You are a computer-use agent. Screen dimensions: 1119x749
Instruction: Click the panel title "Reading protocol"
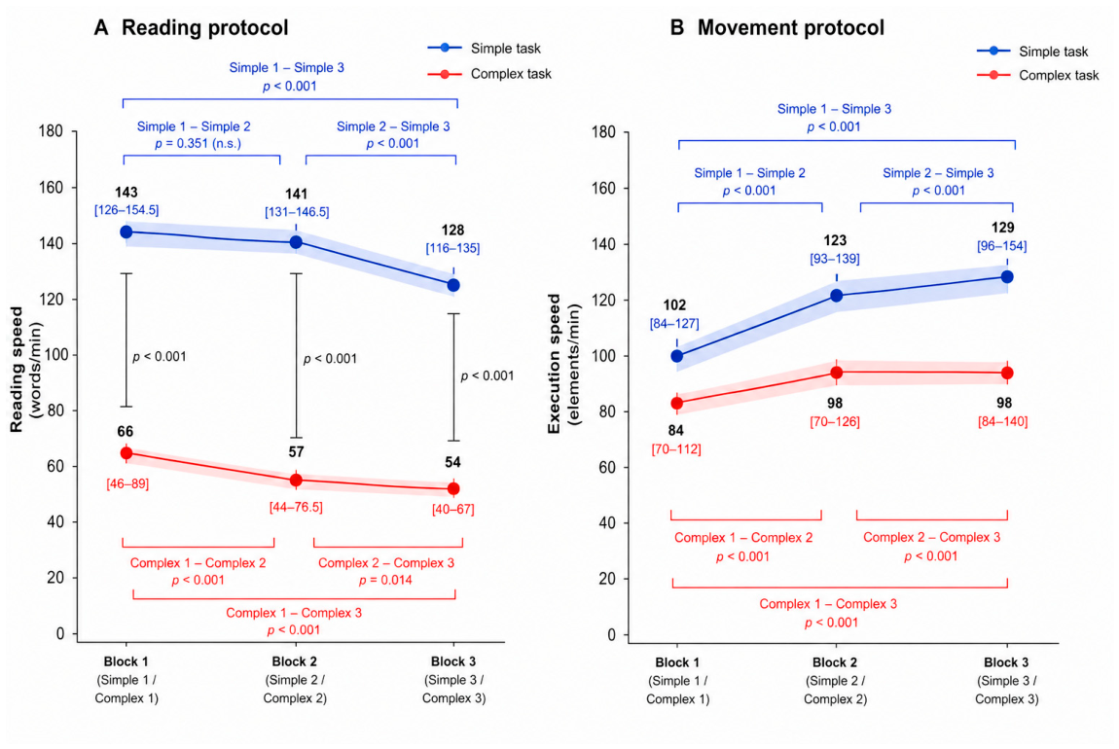point(204,28)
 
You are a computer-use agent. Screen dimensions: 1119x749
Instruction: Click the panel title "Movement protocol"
point(791,28)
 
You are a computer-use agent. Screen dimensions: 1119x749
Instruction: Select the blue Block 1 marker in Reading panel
point(126,232)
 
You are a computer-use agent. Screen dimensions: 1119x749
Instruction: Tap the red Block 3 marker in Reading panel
point(453,488)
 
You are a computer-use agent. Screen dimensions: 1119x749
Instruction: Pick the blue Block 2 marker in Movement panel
point(837,296)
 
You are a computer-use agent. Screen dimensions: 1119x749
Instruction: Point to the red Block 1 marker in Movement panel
point(677,403)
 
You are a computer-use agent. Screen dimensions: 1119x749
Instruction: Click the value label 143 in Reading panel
point(126,193)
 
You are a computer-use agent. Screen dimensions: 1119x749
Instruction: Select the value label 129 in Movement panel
point(1002,228)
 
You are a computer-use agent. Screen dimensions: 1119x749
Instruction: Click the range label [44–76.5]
point(296,507)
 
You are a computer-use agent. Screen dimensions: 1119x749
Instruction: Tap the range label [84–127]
point(674,324)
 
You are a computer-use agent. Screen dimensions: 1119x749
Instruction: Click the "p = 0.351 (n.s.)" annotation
point(199,143)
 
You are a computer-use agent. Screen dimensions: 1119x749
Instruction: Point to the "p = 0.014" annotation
point(386,580)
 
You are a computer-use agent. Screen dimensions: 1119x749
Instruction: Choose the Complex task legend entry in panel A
point(489,74)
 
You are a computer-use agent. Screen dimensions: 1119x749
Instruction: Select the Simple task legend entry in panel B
point(1032,52)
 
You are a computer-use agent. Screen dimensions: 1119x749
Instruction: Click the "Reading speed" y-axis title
point(17,370)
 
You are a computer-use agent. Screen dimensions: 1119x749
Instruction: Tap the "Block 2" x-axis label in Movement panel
point(835,662)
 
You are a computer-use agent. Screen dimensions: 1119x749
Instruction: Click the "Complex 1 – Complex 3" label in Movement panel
point(828,604)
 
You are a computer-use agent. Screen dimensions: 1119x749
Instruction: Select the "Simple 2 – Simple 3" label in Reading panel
point(393,126)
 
